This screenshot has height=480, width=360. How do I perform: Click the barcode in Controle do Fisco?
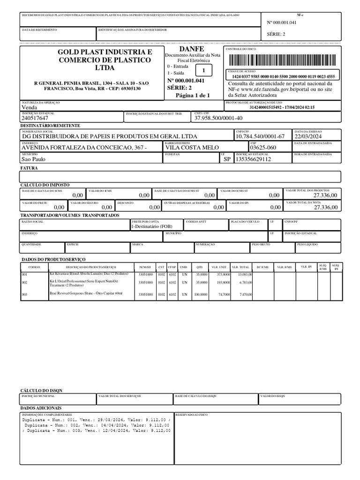(283, 60)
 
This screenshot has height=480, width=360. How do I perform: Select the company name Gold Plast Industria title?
(105, 60)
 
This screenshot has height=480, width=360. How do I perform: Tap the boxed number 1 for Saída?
(202, 71)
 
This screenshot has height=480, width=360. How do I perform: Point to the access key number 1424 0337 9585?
(283, 76)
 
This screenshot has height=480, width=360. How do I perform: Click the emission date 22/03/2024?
(308, 136)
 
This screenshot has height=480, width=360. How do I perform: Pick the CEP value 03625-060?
(263, 147)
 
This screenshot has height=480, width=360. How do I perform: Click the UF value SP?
(227, 159)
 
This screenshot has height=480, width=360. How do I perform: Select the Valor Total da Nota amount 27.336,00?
(325, 207)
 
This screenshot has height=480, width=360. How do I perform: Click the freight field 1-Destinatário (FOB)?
(152, 226)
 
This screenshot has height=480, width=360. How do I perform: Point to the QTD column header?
(199, 267)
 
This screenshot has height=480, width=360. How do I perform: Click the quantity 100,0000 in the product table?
(200, 294)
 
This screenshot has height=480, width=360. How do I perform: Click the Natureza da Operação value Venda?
(30, 107)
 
